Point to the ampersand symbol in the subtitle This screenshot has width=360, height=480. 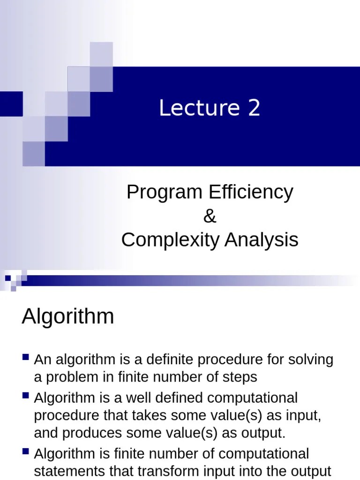210,217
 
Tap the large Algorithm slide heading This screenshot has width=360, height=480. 68,317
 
